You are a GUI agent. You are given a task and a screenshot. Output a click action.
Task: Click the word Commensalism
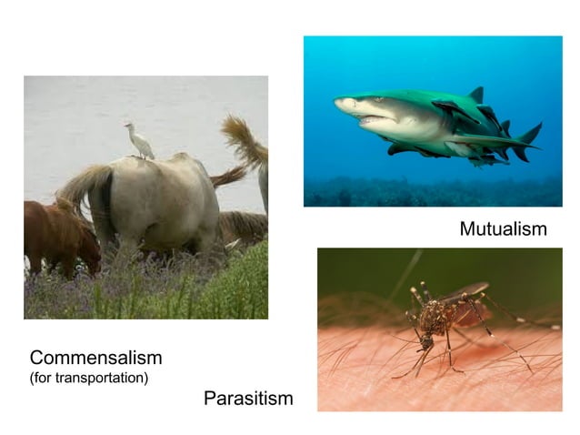click(95, 358)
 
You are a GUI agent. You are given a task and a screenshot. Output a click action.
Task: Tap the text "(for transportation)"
click(88, 378)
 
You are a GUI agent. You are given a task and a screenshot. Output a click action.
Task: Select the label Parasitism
click(248, 399)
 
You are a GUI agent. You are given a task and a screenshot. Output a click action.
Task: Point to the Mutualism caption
click(503, 229)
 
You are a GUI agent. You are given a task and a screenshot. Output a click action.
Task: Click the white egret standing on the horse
click(140, 142)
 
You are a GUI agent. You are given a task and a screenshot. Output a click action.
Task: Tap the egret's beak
click(126, 126)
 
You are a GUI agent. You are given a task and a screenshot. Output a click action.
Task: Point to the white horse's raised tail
click(80, 187)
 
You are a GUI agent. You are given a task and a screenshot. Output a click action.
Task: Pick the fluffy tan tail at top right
click(245, 141)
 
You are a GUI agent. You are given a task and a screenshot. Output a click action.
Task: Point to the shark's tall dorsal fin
click(475, 96)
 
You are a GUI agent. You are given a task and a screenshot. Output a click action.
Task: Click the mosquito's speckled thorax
click(438, 320)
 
